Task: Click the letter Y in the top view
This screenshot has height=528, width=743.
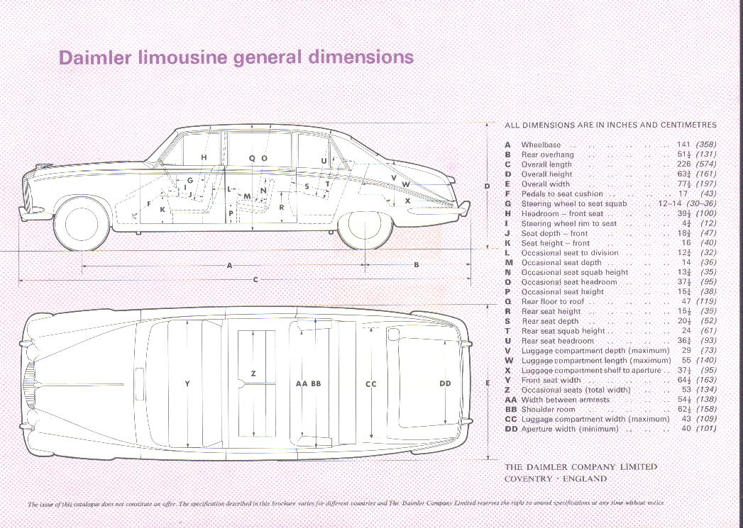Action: pos(187,383)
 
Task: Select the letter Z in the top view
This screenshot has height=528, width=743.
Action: pos(253,373)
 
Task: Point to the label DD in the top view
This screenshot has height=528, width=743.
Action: pos(445,383)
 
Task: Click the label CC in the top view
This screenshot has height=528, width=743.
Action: pos(370,383)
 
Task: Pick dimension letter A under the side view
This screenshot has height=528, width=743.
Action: pos(229,265)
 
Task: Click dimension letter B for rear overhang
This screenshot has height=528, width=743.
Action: pos(417,265)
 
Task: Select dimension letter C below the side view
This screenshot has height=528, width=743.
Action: pos(255,279)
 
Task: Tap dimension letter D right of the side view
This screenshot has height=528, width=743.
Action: pos(487,186)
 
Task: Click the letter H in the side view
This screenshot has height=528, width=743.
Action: pos(204,157)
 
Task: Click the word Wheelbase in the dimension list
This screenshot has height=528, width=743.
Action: pos(541,145)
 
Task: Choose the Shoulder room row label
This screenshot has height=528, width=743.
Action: pos(548,409)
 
